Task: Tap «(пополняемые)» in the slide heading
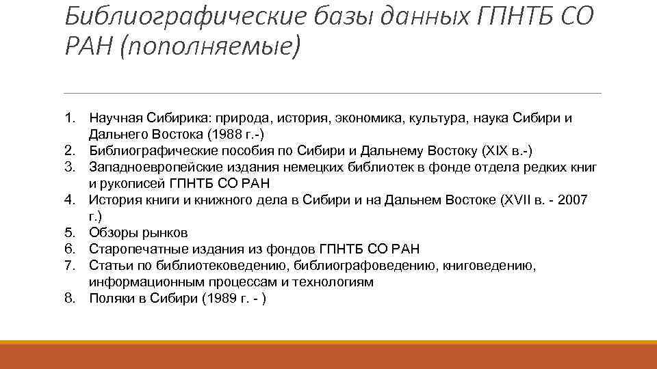pyautogui.click(x=210, y=47)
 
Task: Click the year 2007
pyautogui.click(x=574, y=200)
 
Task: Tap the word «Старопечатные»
pyautogui.click(x=136, y=249)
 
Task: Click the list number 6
pyautogui.click(x=70, y=249)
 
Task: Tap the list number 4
pyautogui.click(x=70, y=200)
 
